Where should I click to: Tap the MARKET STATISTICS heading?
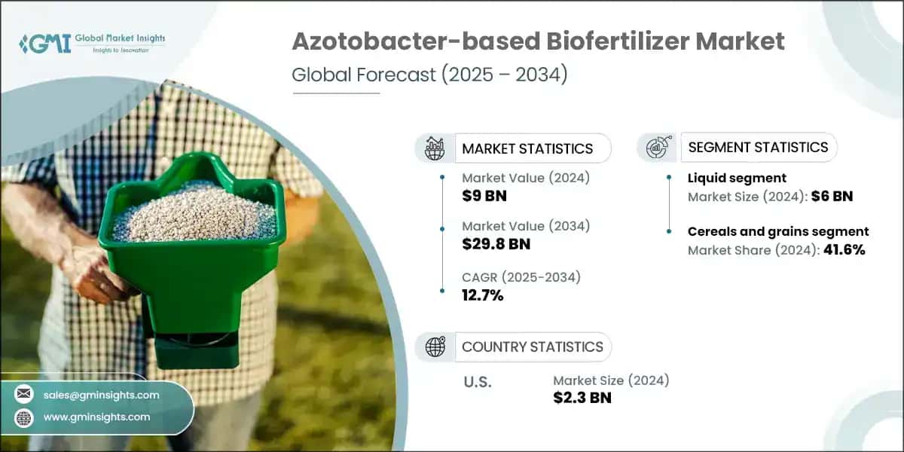[527, 148]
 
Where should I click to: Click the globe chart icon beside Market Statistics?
[435, 148]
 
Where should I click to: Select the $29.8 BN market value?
[496, 243]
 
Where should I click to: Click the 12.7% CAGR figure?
[482, 295]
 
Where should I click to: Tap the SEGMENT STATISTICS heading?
[758, 147]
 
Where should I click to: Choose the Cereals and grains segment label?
[778, 231]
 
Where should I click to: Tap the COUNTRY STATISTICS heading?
[532, 347]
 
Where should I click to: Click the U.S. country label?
[477, 382]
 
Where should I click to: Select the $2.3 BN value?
[582, 398]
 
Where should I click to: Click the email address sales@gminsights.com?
[102, 395]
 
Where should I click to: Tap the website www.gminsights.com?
[96, 417]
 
